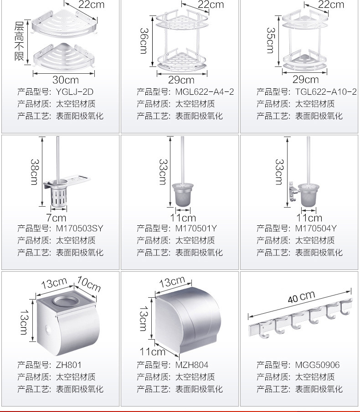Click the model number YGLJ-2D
coord(76,92)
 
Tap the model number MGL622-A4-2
coord(205,92)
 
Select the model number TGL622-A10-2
coord(326,92)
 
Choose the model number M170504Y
coord(316,228)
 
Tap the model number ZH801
coord(69,365)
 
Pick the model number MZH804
coord(192,365)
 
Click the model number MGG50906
coord(318,365)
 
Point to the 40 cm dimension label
coord(301,297)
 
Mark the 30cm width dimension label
coord(65,80)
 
